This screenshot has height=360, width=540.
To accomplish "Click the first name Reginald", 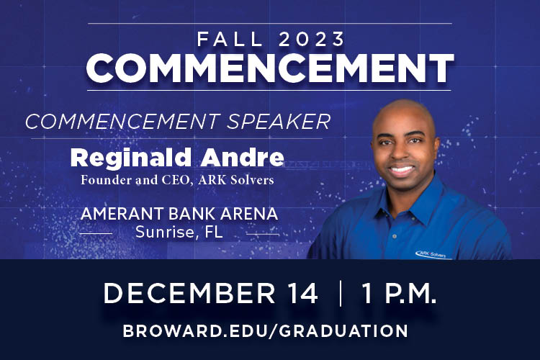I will coord(128,157).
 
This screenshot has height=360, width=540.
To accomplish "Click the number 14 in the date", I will coord(298,294).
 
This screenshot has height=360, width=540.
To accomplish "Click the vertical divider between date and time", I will coord(339,294).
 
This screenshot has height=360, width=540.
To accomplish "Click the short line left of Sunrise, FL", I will coord(95,233).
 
